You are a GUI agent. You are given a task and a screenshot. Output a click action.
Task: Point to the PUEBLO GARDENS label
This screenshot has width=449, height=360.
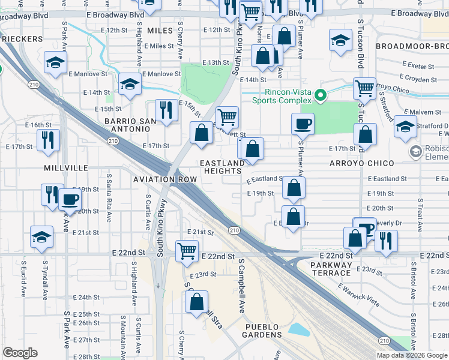point(262,331)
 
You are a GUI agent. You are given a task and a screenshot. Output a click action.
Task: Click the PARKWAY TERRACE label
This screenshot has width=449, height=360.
point(331,265)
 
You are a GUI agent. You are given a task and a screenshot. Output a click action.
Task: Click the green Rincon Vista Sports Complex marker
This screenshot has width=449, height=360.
point(321,95)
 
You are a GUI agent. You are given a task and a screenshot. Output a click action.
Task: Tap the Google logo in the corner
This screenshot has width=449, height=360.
point(20,353)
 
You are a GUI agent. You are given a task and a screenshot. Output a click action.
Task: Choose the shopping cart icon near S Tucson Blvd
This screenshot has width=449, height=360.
point(364,88)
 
